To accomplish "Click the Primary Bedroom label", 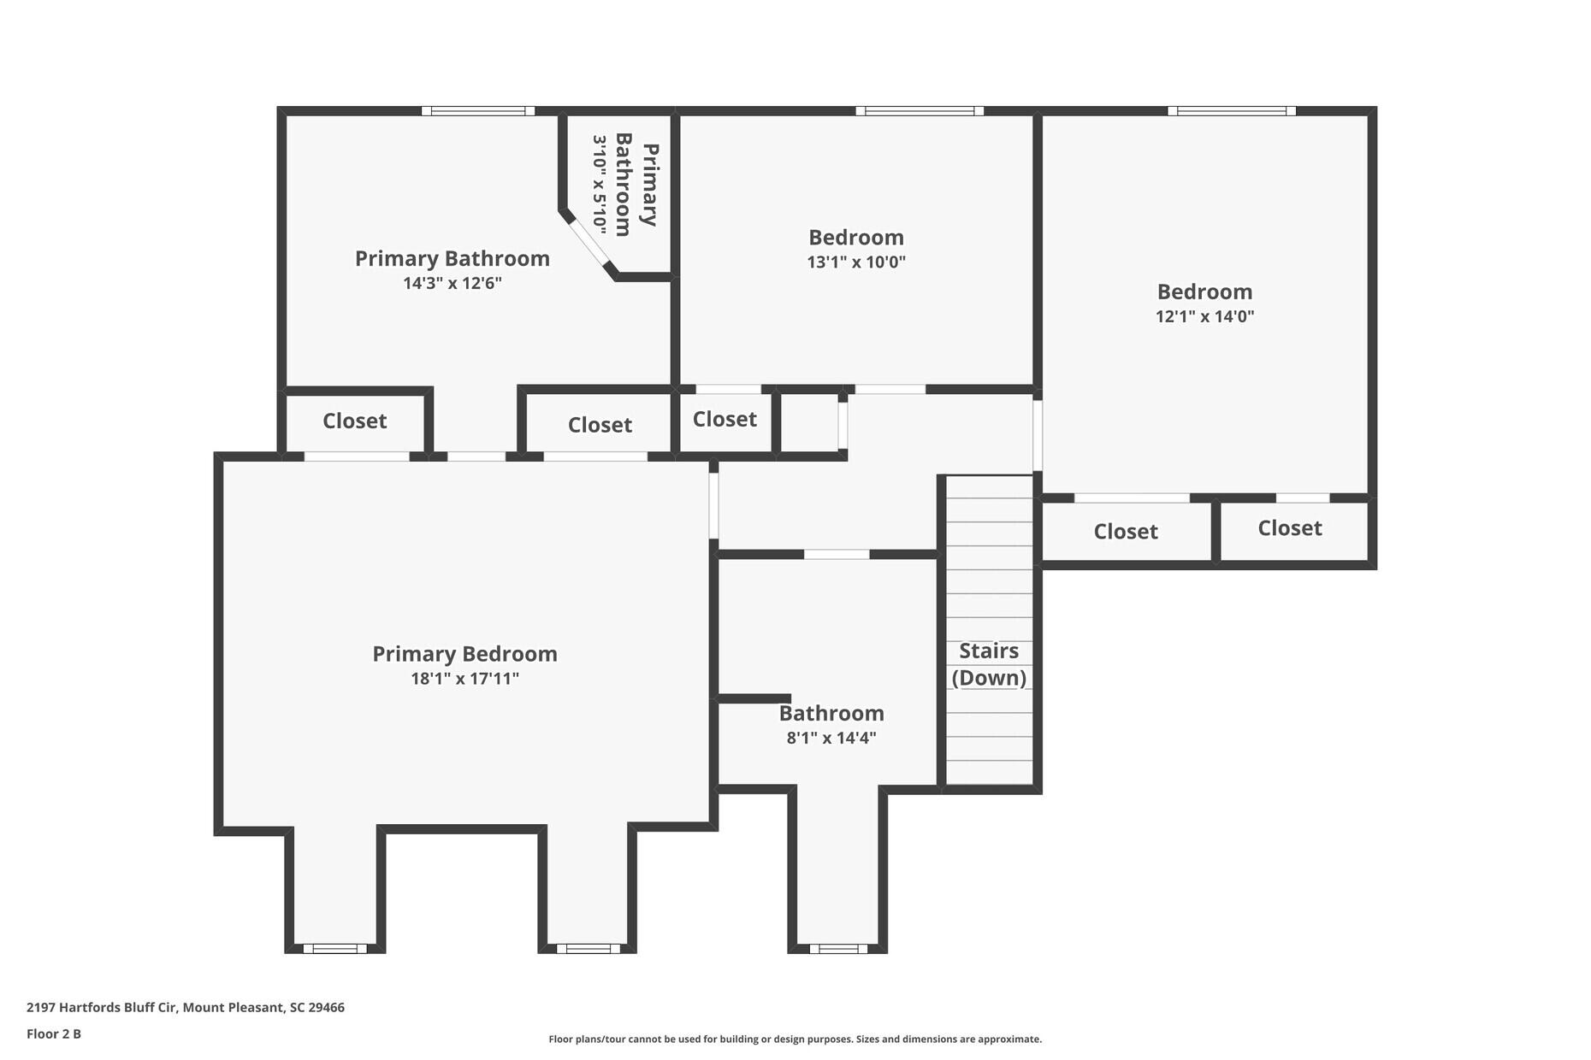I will (x=464, y=654).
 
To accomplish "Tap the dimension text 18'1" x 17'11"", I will (x=464, y=679).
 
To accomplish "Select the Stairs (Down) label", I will (x=989, y=664).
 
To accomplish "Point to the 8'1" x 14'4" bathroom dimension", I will (x=831, y=738).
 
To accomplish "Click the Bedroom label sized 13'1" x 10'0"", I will (x=855, y=238).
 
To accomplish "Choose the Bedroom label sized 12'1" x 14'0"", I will (x=1204, y=292).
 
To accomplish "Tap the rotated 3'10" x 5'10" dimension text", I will (x=600, y=185).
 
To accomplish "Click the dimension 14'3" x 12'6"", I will (x=452, y=283).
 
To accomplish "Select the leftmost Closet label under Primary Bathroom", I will (x=354, y=421).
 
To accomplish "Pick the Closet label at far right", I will (x=1289, y=528).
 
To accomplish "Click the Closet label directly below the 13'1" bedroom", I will (x=725, y=419).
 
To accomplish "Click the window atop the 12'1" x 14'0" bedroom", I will (x=1231, y=111).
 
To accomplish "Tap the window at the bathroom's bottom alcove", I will (x=837, y=948).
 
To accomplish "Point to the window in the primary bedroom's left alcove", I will (x=334, y=948).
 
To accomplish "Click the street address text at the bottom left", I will (x=186, y=1007).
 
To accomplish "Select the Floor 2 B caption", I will (x=54, y=1033).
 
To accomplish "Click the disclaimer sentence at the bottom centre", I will (x=795, y=1039).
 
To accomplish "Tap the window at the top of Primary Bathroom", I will (x=478, y=111).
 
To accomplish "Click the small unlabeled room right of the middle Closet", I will (x=809, y=422).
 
